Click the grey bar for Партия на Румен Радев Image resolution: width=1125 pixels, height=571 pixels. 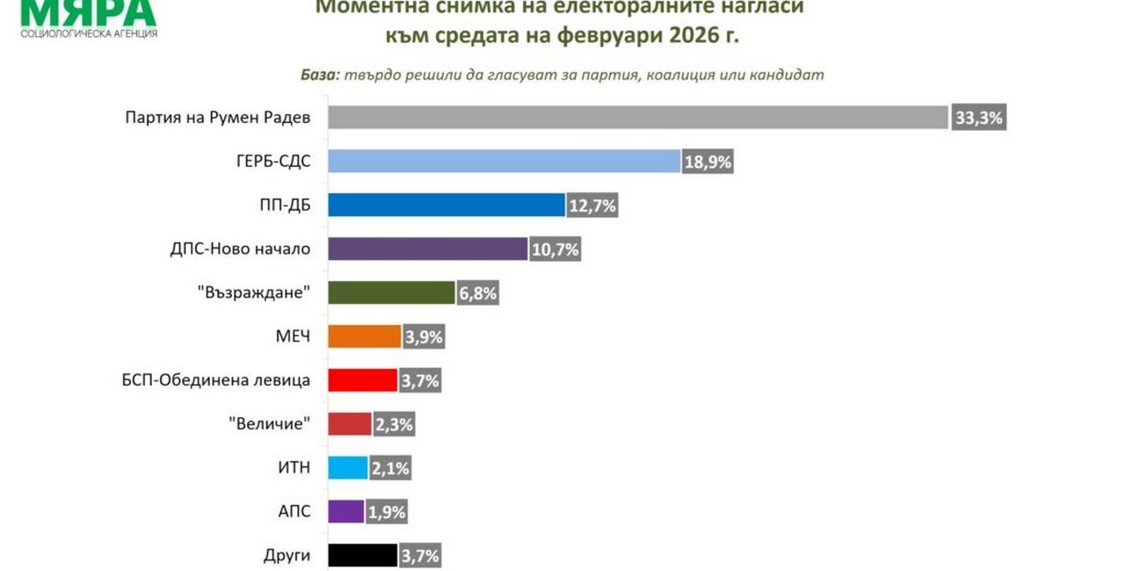coord(638,118)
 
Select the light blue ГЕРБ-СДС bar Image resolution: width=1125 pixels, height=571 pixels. coord(504,162)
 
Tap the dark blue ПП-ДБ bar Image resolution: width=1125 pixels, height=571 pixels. coord(446,206)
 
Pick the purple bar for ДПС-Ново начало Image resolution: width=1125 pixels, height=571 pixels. coord(428,249)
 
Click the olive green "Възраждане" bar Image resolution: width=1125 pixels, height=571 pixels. coord(390,293)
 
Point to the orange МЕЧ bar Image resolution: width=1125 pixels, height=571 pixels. coord(365,336)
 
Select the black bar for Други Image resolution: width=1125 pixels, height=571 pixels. coord(362,555)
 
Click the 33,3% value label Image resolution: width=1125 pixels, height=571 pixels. coord(978,118)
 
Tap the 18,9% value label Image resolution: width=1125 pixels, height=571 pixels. coord(708,162)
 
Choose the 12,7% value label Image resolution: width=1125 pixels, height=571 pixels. coord(592,206)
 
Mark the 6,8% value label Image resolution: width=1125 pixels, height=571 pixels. coord(477,293)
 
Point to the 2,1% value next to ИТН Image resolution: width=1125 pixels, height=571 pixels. coord(390,468)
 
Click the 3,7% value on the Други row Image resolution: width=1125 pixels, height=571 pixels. coord(419,555)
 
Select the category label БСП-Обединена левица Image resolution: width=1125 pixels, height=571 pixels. coord(216,380)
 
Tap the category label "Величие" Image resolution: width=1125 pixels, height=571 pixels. coord(270,424)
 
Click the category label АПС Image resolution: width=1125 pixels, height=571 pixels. coord(294,512)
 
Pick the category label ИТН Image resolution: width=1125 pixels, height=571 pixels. coord(294,468)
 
